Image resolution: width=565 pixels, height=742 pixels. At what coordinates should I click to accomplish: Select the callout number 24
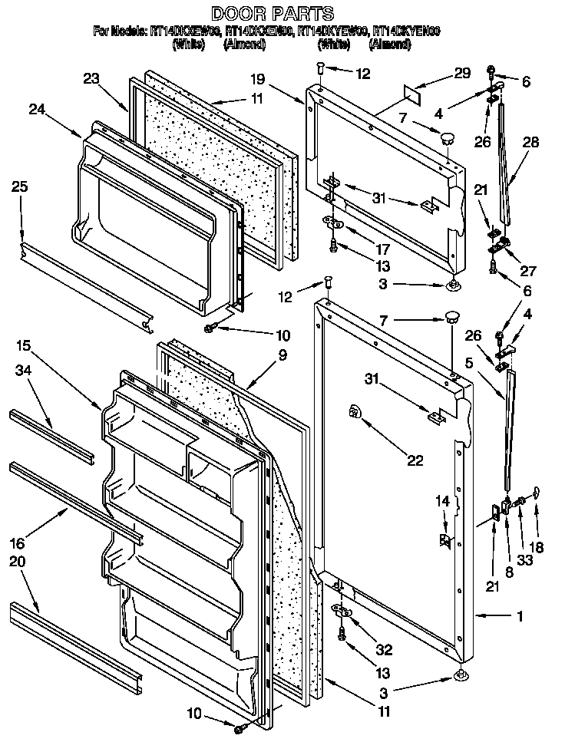point(37,110)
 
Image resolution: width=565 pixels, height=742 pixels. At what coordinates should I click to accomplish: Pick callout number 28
point(531,142)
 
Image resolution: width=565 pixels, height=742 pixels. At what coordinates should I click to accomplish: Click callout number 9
point(283,355)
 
